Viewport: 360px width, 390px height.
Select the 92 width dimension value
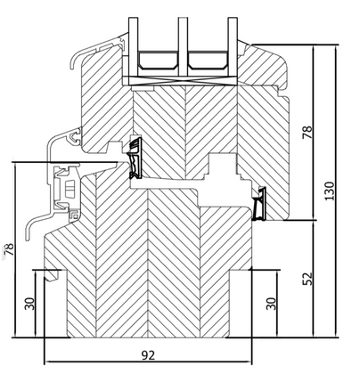(150, 353)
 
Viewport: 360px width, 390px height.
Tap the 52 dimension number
(307, 279)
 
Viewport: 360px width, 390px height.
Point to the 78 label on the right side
(307, 134)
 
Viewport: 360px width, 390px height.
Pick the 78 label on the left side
(9, 250)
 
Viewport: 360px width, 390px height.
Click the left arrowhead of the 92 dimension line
(47, 363)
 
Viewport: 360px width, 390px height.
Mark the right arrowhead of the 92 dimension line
(250, 363)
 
